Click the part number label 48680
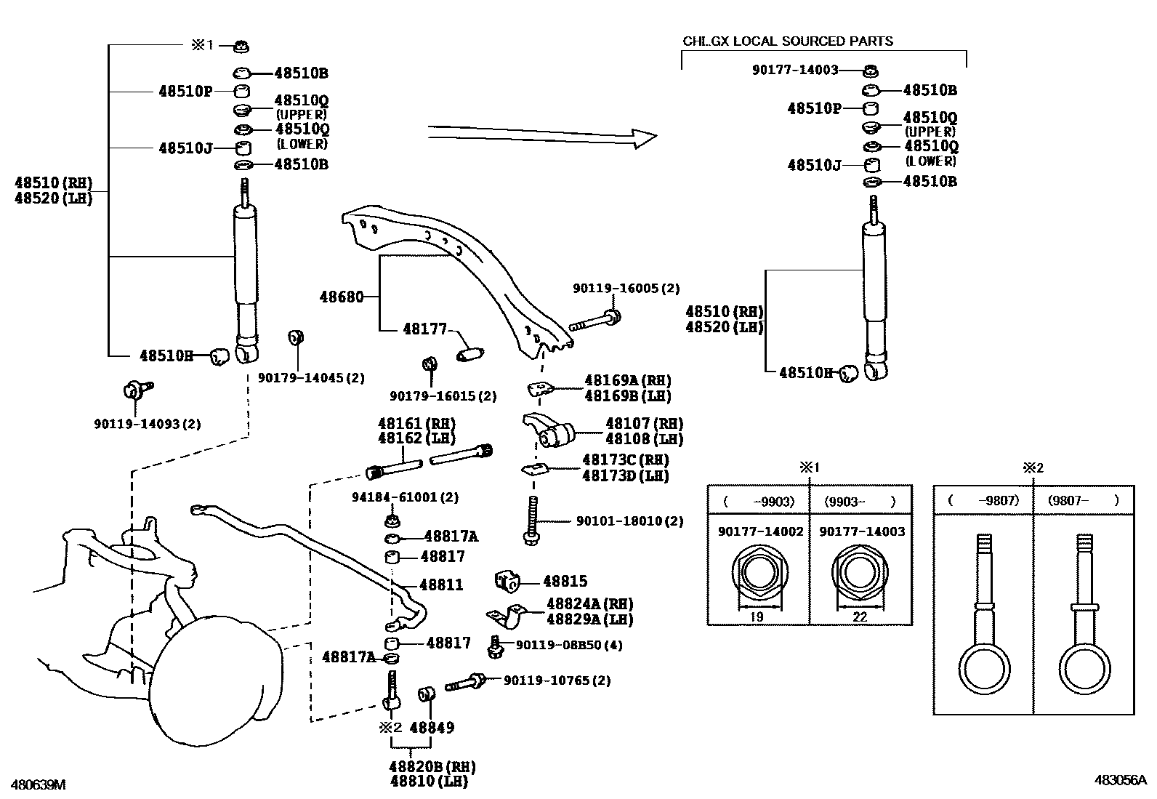[x=341, y=297]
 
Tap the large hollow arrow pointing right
[x=541, y=136]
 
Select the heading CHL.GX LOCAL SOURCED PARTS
[x=788, y=41]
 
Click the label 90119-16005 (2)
[x=626, y=289]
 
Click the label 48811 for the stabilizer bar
[x=441, y=585]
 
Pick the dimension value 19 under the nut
[x=756, y=617]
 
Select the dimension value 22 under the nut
[x=860, y=617]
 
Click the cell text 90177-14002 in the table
[x=760, y=531]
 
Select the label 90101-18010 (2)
[x=629, y=521]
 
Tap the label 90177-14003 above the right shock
[x=794, y=70]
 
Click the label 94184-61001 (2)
[x=405, y=497]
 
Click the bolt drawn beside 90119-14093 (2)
[x=135, y=390]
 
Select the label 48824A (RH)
[x=589, y=603]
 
